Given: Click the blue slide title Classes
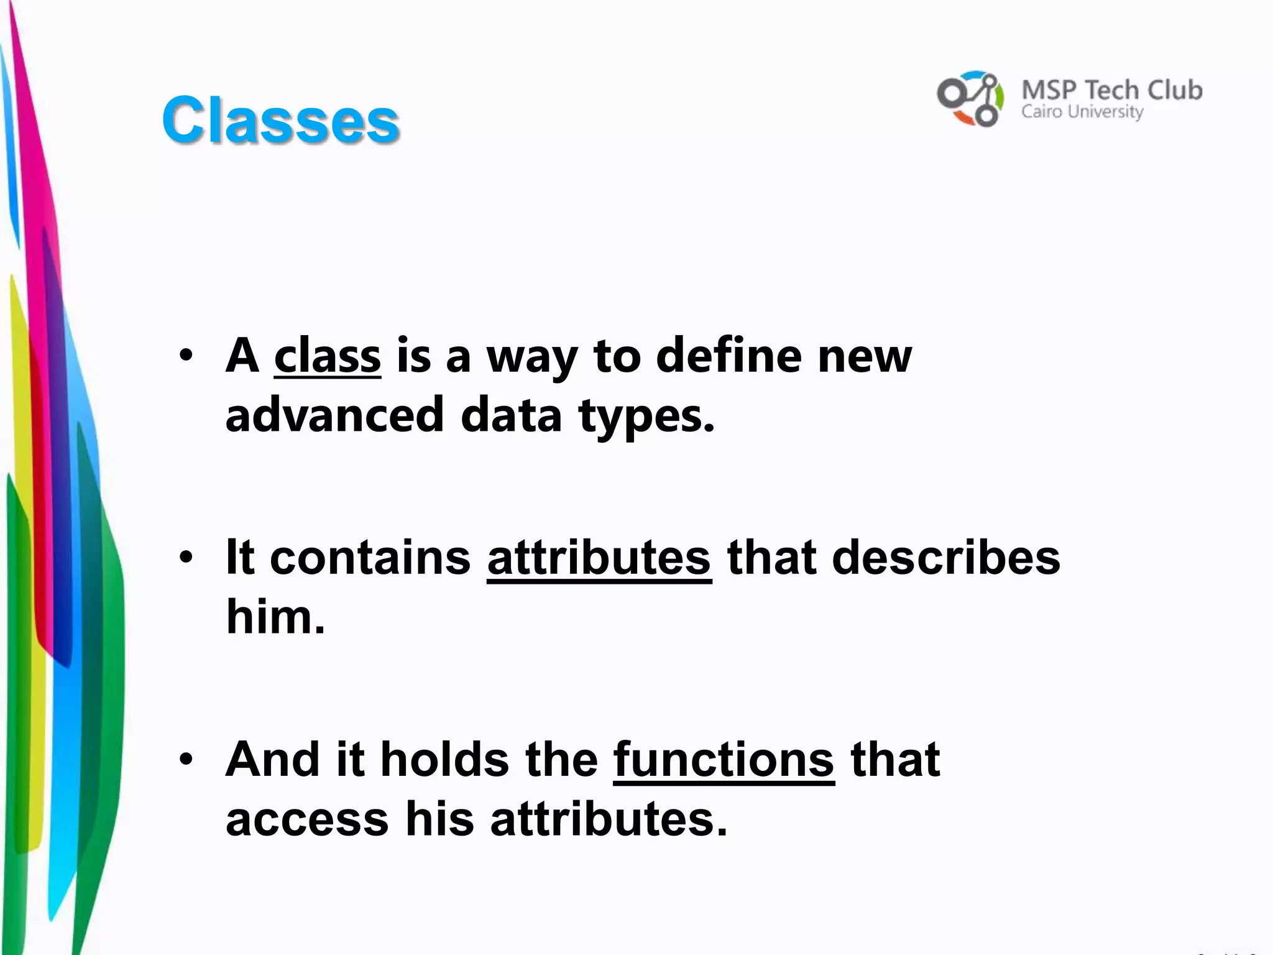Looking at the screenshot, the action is (280, 121).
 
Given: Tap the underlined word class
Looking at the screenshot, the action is (327, 356).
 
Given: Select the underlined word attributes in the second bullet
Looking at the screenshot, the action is (599, 557).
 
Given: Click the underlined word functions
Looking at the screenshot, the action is (724, 759).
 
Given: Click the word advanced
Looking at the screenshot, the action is (334, 415).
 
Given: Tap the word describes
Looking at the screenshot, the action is (945, 557).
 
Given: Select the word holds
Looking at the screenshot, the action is (445, 759).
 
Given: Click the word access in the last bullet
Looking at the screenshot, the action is (307, 819).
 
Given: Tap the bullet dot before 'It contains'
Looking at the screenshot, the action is (186, 557).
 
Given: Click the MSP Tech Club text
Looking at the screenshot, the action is (1111, 91).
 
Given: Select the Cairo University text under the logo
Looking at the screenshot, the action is (1082, 113).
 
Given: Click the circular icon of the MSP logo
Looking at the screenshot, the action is (970, 98).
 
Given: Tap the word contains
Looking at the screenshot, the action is (370, 557).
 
